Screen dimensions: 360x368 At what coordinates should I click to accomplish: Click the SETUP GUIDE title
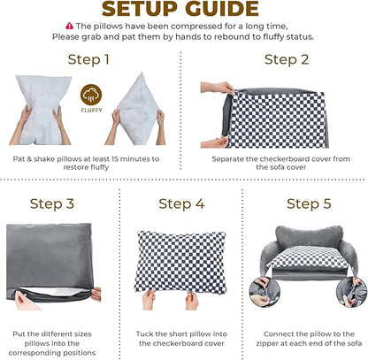coord(184,10)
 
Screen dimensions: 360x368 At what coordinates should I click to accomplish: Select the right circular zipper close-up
coord(355,291)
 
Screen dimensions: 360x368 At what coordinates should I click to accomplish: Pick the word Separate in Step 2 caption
coord(228,158)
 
